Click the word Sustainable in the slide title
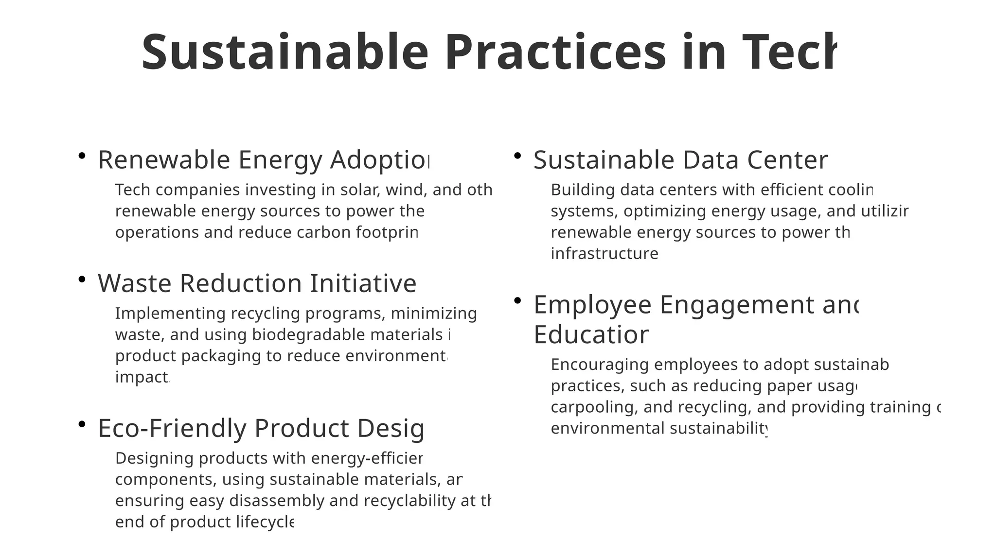[285, 52]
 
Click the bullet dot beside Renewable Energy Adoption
[82, 156]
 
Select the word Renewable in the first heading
[164, 160]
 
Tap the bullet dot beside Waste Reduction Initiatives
[82, 279]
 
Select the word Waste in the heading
[135, 283]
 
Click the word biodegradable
[309, 334]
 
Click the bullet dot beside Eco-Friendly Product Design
[82, 424]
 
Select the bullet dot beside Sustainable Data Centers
[518, 156]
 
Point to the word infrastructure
[605, 254]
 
